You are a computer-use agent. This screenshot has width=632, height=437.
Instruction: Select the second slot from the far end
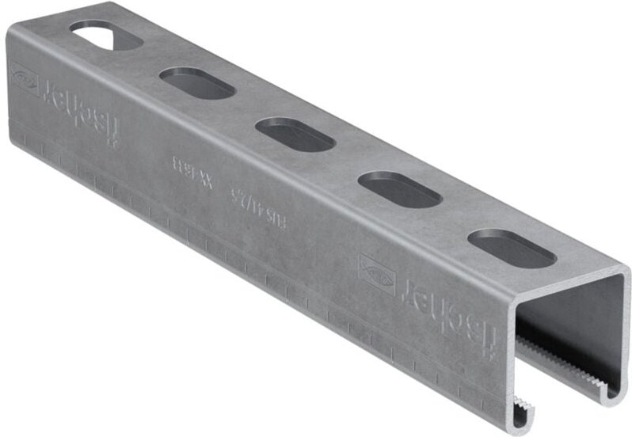pyautogui.click(x=196, y=82)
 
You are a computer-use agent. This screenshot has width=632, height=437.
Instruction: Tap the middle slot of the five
pyautogui.click(x=295, y=134)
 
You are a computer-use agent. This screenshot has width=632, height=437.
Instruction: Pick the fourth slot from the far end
pyautogui.click(x=399, y=190)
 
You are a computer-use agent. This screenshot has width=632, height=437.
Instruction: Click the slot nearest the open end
pyautogui.click(x=510, y=247)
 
